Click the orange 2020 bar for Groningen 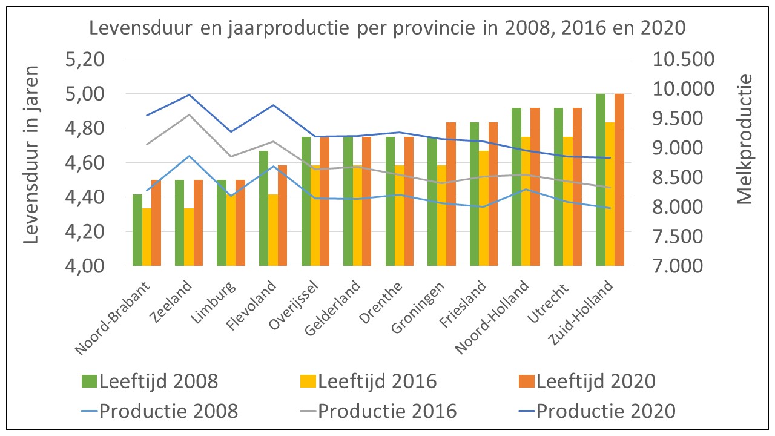(x=451, y=194)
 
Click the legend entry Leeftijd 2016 (x=377, y=381)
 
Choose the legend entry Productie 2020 (x=605, y=411)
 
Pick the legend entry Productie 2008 (x=168, y=411)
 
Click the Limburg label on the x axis (x=215, y=298)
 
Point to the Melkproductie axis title (x=745, y=139)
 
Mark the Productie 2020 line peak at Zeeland (x=190, y=94)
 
